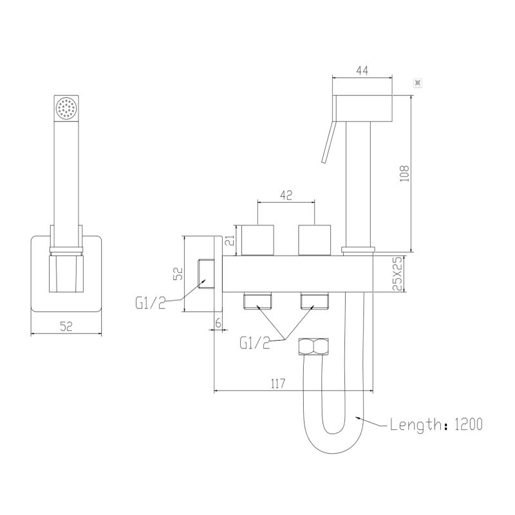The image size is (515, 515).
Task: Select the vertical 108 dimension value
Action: point(404,173)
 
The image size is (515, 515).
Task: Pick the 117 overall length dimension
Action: point(278,384)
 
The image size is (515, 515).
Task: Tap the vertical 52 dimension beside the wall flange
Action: point(180,274)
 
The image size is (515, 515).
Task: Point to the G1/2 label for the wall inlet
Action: point(150,301)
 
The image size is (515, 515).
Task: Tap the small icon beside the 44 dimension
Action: point(417,82)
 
